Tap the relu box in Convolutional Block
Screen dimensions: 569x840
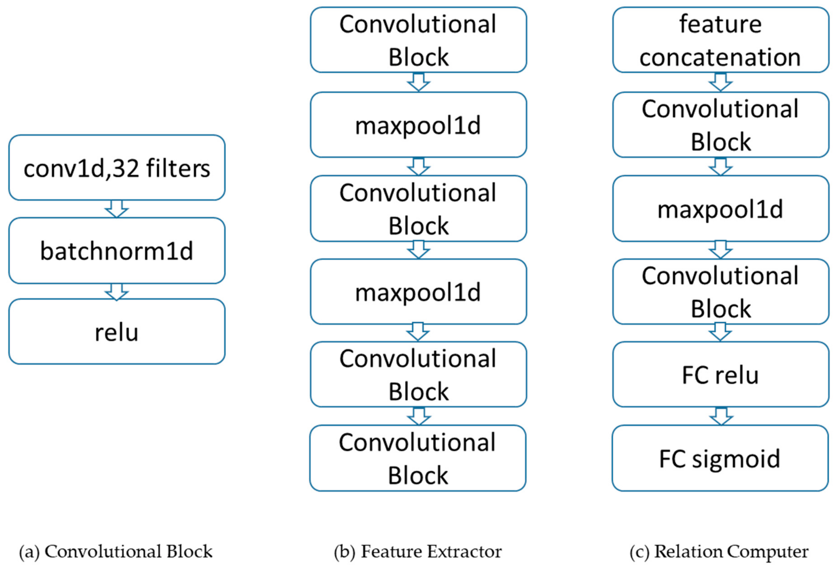pyautogui.click(x=117, y=331)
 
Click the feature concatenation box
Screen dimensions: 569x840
pyautogui.click(x=720, y=40)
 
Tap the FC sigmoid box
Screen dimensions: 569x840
pyautogui.click(x=720, y=458)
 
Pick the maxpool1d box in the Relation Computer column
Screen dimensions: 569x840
pyautogui.click(x=720, y=209)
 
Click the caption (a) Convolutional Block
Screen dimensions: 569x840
pyautogui.click(x=116, y=551)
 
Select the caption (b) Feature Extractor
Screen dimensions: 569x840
pyautogui.click(x=418, y=551)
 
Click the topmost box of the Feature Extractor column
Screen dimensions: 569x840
pyautogui.click(x=418, y=40)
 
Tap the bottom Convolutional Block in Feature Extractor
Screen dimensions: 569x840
pyautogui.click(x=418, y=458)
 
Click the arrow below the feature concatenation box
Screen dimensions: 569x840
pyautogui.click(x=720, y=82)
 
